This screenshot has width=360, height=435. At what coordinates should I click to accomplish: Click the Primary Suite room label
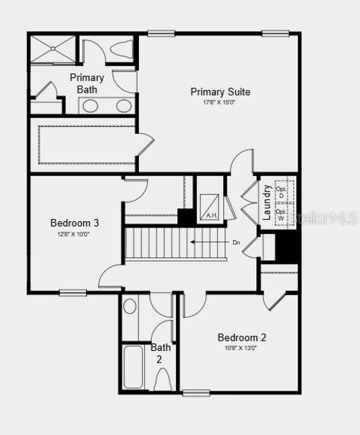click(220, 92)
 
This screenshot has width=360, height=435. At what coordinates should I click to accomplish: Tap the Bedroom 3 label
click(75, 223)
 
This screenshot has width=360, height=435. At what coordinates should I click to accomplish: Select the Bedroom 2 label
click(242, 337)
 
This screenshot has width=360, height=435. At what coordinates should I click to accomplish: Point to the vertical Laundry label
click(267, 202)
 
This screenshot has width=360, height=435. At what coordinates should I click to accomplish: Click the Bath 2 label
click(161, 353)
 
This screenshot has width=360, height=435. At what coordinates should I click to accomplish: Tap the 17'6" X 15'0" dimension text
click(220, 102)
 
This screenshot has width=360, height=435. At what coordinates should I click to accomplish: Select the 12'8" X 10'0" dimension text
click(73, 234)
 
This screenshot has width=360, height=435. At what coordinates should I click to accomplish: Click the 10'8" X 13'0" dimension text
click(242, 348)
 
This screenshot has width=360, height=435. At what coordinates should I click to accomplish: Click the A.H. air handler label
click(212, 215)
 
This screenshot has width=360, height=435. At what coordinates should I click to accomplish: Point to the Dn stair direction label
click(235, 242)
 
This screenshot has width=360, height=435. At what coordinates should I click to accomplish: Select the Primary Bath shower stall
click(53, 49)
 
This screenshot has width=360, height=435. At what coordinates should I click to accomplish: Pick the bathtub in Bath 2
click(134, 367)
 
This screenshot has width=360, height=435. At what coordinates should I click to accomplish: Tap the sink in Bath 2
click(130, 307)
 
